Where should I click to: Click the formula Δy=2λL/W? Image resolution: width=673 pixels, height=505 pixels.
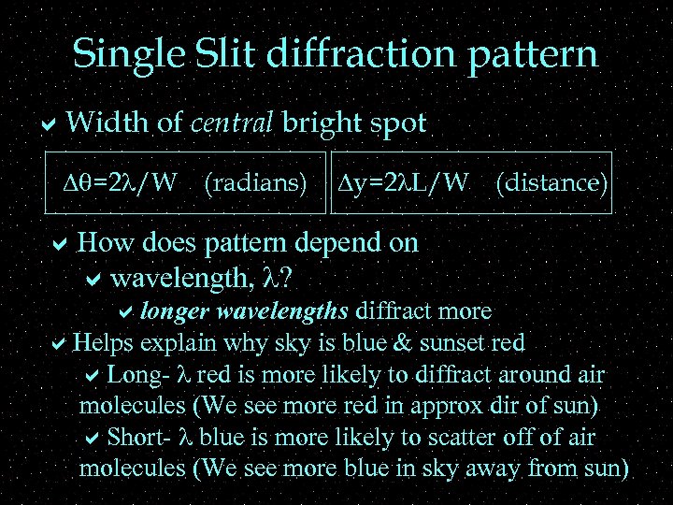[x=404, y=182]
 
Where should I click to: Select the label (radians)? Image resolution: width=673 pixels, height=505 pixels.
[x=255, y=182]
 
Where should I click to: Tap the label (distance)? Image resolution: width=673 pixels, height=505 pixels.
[x=552, y=182]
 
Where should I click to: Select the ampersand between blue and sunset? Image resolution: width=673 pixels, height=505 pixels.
[x=404, y=342]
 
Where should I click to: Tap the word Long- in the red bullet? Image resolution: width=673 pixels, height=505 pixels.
[x=138, y=375]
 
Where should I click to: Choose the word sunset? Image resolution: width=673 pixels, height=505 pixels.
[x=455, y=342]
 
